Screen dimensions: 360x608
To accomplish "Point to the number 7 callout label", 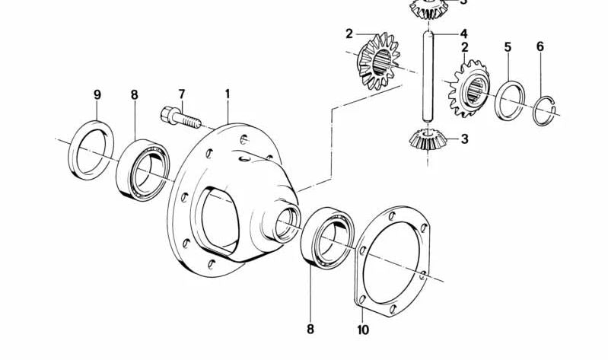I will pyautogui.click(x=182, y=94).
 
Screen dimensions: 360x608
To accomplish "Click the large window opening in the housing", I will pyautogui.click(x=221, y=221).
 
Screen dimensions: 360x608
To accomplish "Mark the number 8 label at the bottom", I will pyautogui.click(x=310, y=330).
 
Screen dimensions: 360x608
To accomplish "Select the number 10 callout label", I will pyautogui.click(x=362, y=330).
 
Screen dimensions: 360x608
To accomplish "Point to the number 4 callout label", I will pyautogui.click(x=463, y=34).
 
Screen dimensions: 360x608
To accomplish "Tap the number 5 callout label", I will pyautogui.click(x=508, y=47).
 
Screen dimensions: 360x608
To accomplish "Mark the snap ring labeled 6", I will pyautogui.click(x=542, y=110).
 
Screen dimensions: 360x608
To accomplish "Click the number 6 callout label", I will pyautogui.click(x=540, y=47).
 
